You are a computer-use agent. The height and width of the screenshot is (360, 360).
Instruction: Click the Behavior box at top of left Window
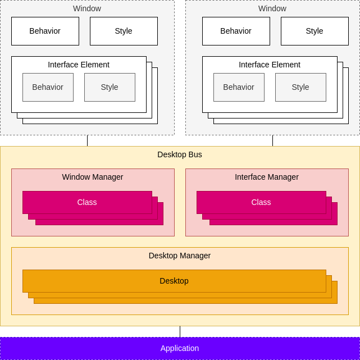coord(45,31)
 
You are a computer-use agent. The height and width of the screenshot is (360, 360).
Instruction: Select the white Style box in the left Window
coord(124,31)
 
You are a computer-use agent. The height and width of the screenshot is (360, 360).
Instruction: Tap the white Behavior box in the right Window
coord(236,31)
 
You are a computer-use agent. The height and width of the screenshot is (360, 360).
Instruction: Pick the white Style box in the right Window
coord(315,31)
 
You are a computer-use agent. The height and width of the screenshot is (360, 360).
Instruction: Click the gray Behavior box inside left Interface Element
coord(48,87)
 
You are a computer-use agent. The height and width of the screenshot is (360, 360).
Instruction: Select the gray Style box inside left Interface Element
coord(110,87)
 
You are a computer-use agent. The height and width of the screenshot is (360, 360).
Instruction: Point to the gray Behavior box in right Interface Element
coord(239,87)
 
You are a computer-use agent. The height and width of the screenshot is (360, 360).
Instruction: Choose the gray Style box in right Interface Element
coord(301,87)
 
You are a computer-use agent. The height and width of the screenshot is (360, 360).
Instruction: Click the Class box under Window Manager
coord(87,202)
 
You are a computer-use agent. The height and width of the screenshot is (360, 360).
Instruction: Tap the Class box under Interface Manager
coord(261,202)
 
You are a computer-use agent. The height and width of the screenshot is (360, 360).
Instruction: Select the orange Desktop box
coord(174,281)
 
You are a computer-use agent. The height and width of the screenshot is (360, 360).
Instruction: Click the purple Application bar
coord(180,348)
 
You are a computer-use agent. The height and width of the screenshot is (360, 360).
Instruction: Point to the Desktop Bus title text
coord(180,154)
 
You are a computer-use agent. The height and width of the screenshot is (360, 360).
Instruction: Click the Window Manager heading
coord(93,177)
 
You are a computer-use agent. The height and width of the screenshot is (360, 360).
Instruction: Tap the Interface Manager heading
coord(267,177)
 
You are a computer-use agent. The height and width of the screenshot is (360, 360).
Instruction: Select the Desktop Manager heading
coord(180,256)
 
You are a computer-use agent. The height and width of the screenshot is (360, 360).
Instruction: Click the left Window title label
coord(87,8)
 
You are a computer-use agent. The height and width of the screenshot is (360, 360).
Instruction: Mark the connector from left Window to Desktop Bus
coord(87,141)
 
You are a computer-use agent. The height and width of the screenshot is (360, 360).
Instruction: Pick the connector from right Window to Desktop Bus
coord(273,141)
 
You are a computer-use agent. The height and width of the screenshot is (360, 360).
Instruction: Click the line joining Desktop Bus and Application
coord(180,331)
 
